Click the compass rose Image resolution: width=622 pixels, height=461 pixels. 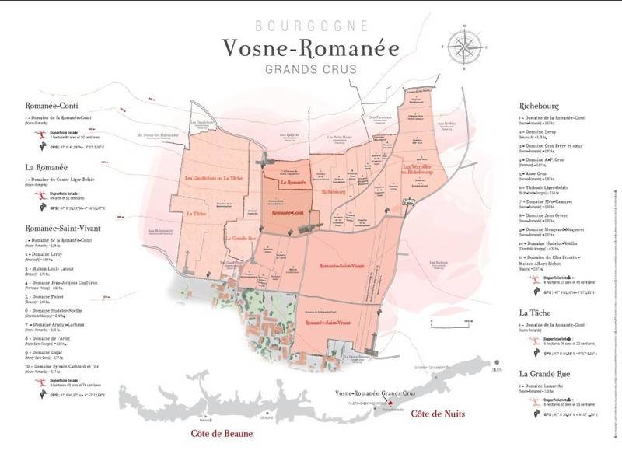click(464, 45)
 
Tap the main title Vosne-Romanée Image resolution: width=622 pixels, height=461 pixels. click(310, 48)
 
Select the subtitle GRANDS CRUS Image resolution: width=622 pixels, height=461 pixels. click(310, 70)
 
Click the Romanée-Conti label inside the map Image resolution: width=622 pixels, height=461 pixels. click(287, 211)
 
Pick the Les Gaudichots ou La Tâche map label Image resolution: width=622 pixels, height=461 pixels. click(208, 179)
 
